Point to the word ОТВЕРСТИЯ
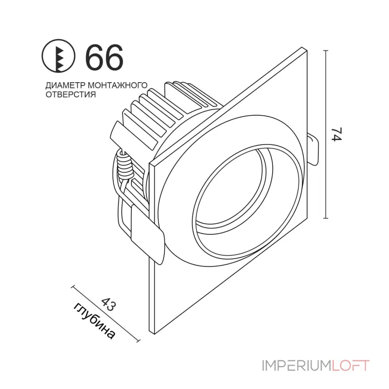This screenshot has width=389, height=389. (x=70, y=95)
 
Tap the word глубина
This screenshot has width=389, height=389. (x=94, y=321)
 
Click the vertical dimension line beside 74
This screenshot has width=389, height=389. (x=325, y=134)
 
